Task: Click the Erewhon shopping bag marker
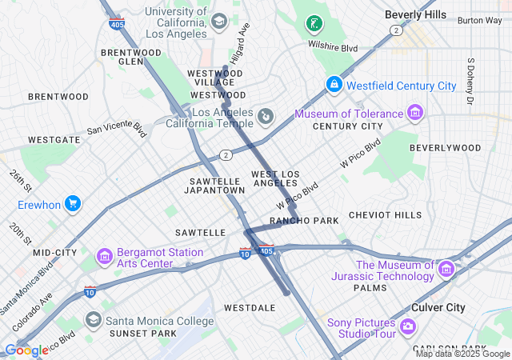pyautogui.click(x=73, y=204)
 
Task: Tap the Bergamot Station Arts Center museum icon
pyautogui.click(x=105, y=257)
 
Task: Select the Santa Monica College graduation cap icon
pyautogui.click(x=93, y=321)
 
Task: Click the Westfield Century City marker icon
pyautogui.click(x=334, y=84)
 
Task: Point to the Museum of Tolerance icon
pyautogui.click(x=414, y=112)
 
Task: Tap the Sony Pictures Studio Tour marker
pyautogui.click(x=407, y=326)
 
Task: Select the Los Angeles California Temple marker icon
pyautogui.click(x=266, y=118)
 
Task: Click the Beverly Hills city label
pyautogui.click(x=415, y=14)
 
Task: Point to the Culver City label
pyautogui.click(x=438, y=307)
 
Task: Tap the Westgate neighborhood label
pyautogui.click(x=54, y=139)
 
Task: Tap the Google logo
pyautogui.click(x=26, y=350)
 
